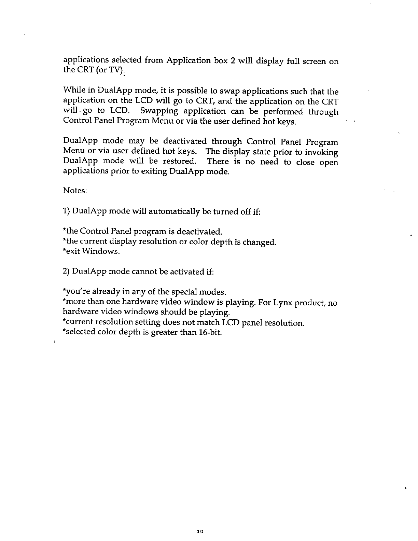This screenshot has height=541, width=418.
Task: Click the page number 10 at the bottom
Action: [x=200, y=531]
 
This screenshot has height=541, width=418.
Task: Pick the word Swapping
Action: [x=159, y=111]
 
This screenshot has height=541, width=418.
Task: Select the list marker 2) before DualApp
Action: [x=67, y=272]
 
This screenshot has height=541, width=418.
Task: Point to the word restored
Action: [x=182, y=161]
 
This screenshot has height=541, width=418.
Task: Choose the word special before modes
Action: [x=185, y=292]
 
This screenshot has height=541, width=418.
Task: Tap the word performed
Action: [x=283, y=111]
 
